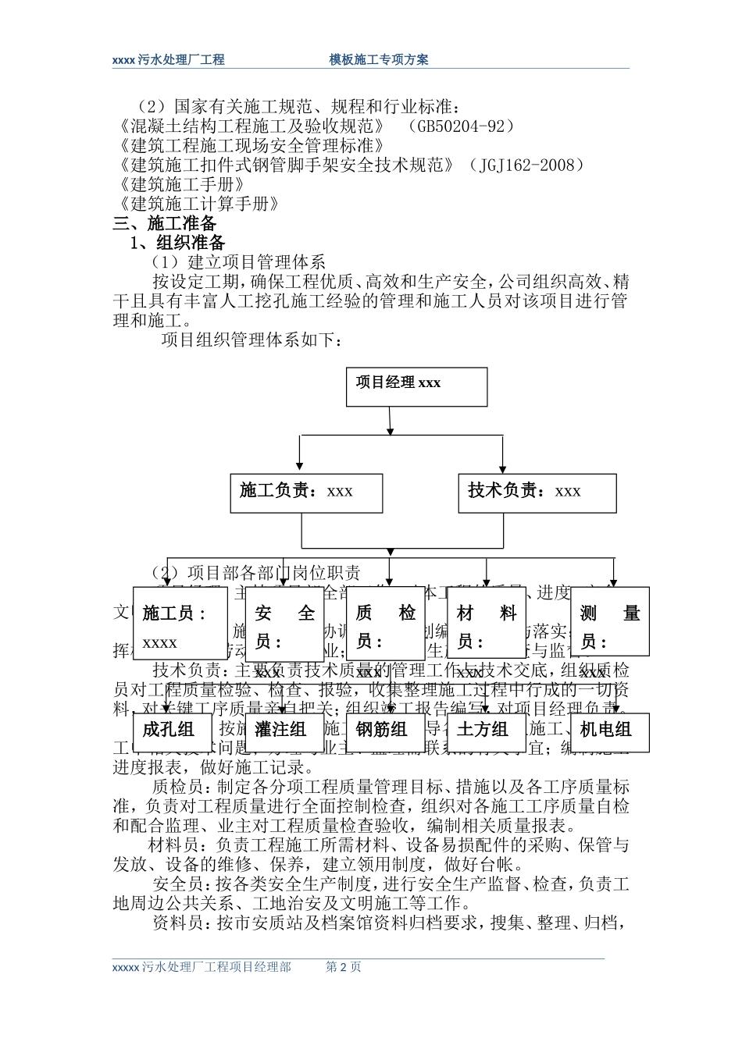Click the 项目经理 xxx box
[x=416, y=386]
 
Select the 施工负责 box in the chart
[x=306, y=492]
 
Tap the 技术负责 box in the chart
[x=537, y=492]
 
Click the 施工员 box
[x=180, y=623]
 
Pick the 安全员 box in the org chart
[x=285, y=623]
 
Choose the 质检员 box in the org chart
[x=386, y=623]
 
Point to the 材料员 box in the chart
[x=487, y=623]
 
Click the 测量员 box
[x=610, y=623]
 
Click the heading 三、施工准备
[x=165, y=223]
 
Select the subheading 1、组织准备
[x=177, y=243]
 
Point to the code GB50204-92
[x=462, y=126]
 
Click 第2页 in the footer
[x=343, y=967]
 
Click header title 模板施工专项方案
[x=379, y=60]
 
